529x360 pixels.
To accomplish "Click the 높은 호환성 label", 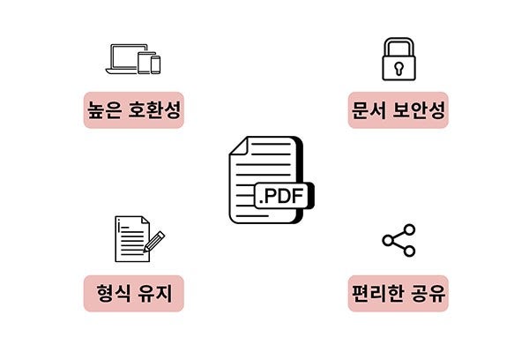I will (x=133, y=110).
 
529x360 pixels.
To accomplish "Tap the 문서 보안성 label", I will (x=399, y=110).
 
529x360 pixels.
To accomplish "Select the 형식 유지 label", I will (x=133, y=294).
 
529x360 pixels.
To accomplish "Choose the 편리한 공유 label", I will (x=399, y=294).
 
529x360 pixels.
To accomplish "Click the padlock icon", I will (x=399, y=59).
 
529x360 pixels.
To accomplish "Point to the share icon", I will (x=399, y=240).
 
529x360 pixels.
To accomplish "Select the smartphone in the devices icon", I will (x=156, y=64).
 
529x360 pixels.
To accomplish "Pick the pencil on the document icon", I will (x=153, y=240).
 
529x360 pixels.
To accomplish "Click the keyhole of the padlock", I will (x=399, y=67).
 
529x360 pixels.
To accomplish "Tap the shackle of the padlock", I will (x=399, y=45).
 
